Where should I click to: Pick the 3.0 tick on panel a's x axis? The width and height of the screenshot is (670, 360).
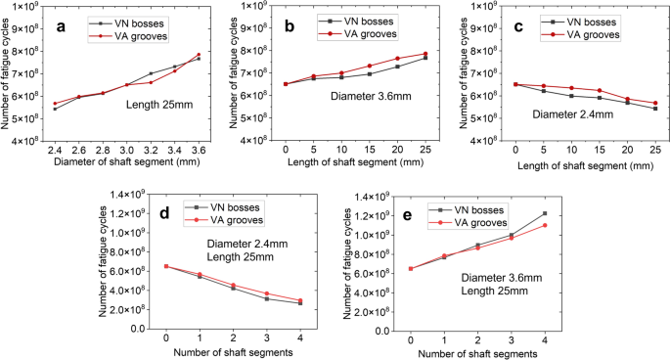coord(127,152)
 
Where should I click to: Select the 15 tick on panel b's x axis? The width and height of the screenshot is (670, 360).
coord(370,152)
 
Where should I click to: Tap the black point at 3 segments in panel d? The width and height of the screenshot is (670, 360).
coord(266,299)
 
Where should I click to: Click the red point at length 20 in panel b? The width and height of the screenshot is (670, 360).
coord(397,59)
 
